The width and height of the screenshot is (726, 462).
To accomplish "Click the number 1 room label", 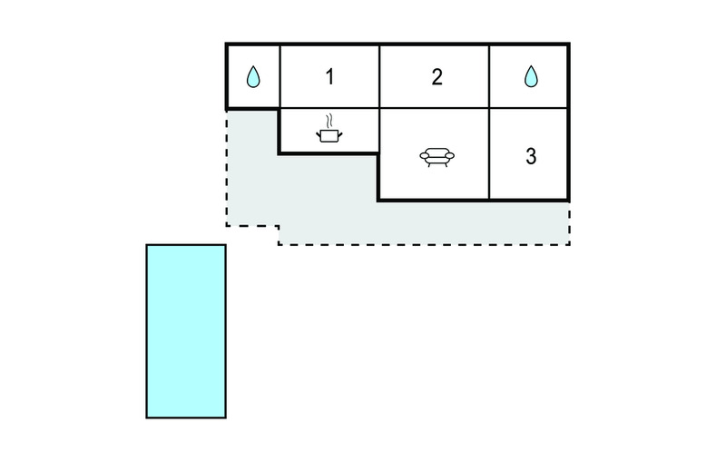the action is click(x=329, y=77).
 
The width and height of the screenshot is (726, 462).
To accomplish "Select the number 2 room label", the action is click(x=437, y=77).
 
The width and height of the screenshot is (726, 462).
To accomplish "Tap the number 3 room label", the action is click(x=531, y=156).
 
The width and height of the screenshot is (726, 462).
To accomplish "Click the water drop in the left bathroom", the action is click(x=253, y=77).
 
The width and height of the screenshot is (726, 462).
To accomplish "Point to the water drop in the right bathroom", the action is click(x=531, y=76).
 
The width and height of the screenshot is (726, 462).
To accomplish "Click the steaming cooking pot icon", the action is click(x=329, y=129).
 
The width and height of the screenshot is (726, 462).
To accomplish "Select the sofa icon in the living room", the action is click(x=437, y=157).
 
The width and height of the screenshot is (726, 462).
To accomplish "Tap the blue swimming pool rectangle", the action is click(x=186, y=331).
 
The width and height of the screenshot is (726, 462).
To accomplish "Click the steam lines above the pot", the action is click(x=329, y=122).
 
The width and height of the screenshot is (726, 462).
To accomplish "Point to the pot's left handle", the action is click(x=319, y=134).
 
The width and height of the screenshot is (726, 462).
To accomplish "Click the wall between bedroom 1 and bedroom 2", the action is click(x=379, y=77).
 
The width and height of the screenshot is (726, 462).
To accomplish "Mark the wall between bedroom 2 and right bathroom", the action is click(x=489, y=77).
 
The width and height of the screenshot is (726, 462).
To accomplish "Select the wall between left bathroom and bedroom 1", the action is click(x=280, y=77).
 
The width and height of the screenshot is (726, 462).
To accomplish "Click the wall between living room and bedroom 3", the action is click(x=489, y=154).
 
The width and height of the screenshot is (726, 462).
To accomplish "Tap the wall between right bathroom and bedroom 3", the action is click(x=528, y=108).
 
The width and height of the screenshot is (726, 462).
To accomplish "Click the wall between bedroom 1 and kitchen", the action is click(x=329, y=108).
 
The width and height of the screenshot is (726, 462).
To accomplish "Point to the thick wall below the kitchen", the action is click(x=329, y=153).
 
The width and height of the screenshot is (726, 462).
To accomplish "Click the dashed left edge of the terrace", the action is click(x=227, y=168).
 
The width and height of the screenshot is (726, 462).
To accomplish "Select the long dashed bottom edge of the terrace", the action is click(x=424, y=244).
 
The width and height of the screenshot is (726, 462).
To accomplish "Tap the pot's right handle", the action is click(x=340, y=134).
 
